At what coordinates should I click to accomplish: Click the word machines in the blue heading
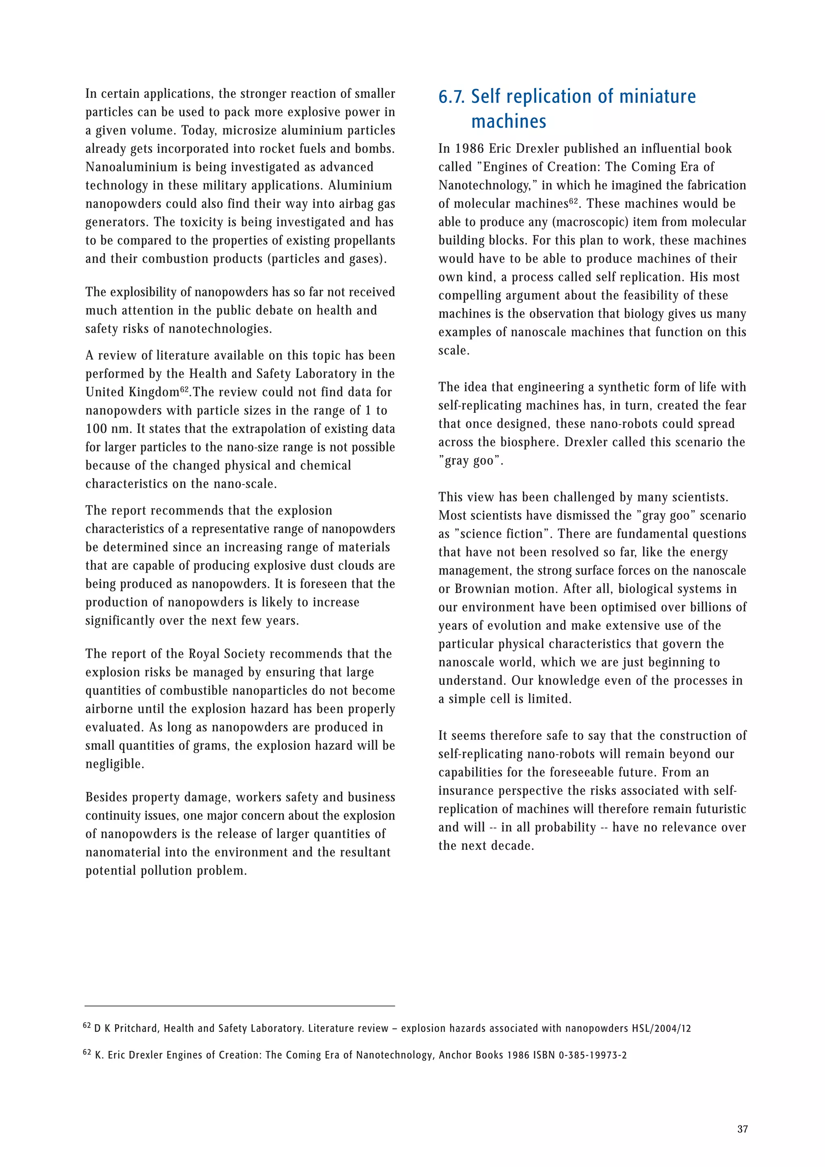508,121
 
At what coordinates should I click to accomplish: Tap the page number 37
742,1129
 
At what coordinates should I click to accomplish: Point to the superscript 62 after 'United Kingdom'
184,389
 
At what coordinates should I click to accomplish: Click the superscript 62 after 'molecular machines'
573,201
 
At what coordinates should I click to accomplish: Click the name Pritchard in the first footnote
136,1028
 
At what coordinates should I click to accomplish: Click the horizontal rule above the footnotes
240,1005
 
